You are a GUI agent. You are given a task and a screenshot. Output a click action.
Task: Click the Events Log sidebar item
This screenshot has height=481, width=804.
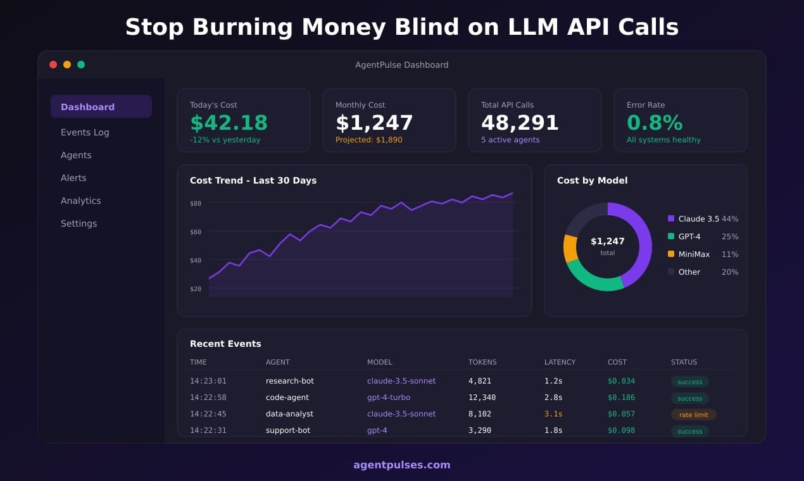click(85, 132)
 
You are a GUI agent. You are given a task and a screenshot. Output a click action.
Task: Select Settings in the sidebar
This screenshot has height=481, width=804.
click(79, 223)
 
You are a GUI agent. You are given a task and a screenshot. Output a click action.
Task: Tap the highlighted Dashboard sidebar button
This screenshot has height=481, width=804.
click(101, 107)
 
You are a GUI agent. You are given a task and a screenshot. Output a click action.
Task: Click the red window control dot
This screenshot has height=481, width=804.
click(53, 65)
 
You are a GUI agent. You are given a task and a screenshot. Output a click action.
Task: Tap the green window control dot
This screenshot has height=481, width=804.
click(81, 65)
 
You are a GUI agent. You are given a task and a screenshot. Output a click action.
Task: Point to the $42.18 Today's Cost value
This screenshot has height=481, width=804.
click(229, 122)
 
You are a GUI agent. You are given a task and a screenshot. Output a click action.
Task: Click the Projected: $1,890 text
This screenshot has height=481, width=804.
click(368, 140)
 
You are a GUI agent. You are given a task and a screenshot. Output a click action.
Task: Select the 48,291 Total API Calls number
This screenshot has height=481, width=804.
click(520, 122)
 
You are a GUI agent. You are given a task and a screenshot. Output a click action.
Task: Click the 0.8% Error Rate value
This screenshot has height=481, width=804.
click(655, 122)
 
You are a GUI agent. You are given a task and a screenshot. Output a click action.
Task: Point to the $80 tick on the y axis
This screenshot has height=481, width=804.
click(195, 203)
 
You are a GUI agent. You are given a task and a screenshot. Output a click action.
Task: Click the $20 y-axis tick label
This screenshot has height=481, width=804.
click(195, 289)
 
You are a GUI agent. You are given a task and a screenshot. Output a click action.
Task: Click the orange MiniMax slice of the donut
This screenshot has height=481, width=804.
click(570, 248)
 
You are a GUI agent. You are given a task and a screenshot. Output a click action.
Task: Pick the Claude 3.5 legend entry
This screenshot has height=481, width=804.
click(698, 219)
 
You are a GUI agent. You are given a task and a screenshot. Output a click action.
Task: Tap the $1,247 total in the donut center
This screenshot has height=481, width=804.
click(607, 241)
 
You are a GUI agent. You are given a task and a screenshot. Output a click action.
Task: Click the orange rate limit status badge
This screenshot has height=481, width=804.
click(693, 415)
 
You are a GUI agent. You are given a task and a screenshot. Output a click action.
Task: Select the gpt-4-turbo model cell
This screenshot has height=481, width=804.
click(388, 397)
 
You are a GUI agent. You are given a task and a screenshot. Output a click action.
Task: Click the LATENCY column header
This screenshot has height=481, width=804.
click(560, 362)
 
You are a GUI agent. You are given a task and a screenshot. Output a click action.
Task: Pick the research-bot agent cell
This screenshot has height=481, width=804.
click(289, 381)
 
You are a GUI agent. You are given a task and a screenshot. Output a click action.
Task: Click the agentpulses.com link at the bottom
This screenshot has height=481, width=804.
click(401, 465)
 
